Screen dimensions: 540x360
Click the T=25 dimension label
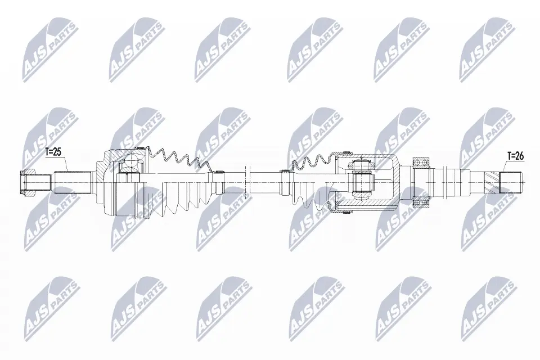(x=53, y=152)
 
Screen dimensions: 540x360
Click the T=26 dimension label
(x=515, y=156)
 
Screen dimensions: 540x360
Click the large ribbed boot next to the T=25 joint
(x=178, y=183)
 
